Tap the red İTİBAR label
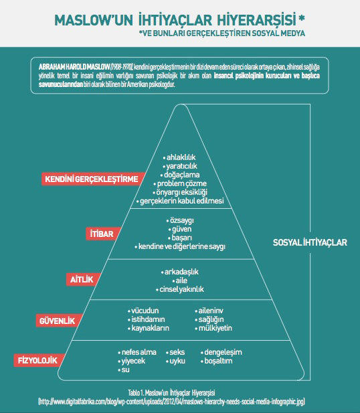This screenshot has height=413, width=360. coord(102,234)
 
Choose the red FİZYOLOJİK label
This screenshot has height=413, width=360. coord(38,360)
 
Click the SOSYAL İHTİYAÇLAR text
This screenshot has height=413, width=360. coord(310,242)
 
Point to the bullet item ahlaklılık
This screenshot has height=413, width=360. coord(179,157)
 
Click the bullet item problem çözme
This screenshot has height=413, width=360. coord(180,183)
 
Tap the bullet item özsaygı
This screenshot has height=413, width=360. coord(180,220)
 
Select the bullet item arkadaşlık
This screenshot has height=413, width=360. coord(180,272)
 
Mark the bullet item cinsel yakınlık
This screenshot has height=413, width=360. coord(180,289)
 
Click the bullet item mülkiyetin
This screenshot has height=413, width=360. coord(213,328)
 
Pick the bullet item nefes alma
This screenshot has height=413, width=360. coord(137,352)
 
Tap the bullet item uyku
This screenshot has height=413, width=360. coord(175,361)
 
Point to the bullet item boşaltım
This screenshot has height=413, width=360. coord(217,361)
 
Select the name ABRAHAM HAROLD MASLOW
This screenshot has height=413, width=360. coord(74,67)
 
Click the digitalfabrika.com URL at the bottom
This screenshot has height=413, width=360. coord(171,402)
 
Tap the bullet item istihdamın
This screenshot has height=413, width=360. coord(147,319)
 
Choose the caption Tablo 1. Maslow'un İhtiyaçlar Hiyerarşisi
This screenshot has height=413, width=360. coord(171,393)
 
